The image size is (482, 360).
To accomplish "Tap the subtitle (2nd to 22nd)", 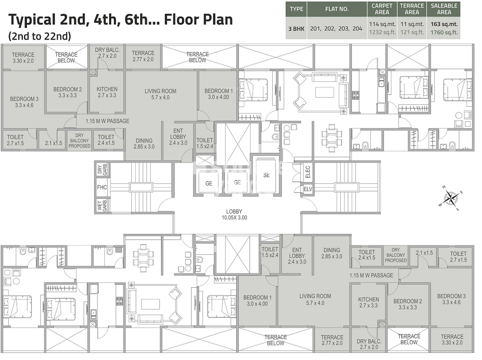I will click(39, 36).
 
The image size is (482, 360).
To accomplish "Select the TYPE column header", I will click(296, 9).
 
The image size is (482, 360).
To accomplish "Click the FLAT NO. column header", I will click(337, 9).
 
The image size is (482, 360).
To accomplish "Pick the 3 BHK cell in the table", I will click(296, 28).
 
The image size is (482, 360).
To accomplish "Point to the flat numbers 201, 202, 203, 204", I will click(337, 28).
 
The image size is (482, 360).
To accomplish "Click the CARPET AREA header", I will click(382, 9).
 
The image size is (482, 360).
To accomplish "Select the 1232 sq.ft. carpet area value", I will click(382, 33).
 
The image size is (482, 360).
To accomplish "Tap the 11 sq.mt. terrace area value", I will click(412, 24).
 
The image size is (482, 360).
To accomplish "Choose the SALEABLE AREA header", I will click(444, 9).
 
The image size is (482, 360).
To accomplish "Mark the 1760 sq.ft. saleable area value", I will click(444, 33).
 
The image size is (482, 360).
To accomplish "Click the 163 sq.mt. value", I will click(444, 24).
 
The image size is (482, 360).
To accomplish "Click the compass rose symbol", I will click(452, 197).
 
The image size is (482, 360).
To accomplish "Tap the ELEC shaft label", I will click(308, 172).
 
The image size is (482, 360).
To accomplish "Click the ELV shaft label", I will click(308, 189).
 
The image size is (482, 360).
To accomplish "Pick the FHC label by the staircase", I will click(101, 187).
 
